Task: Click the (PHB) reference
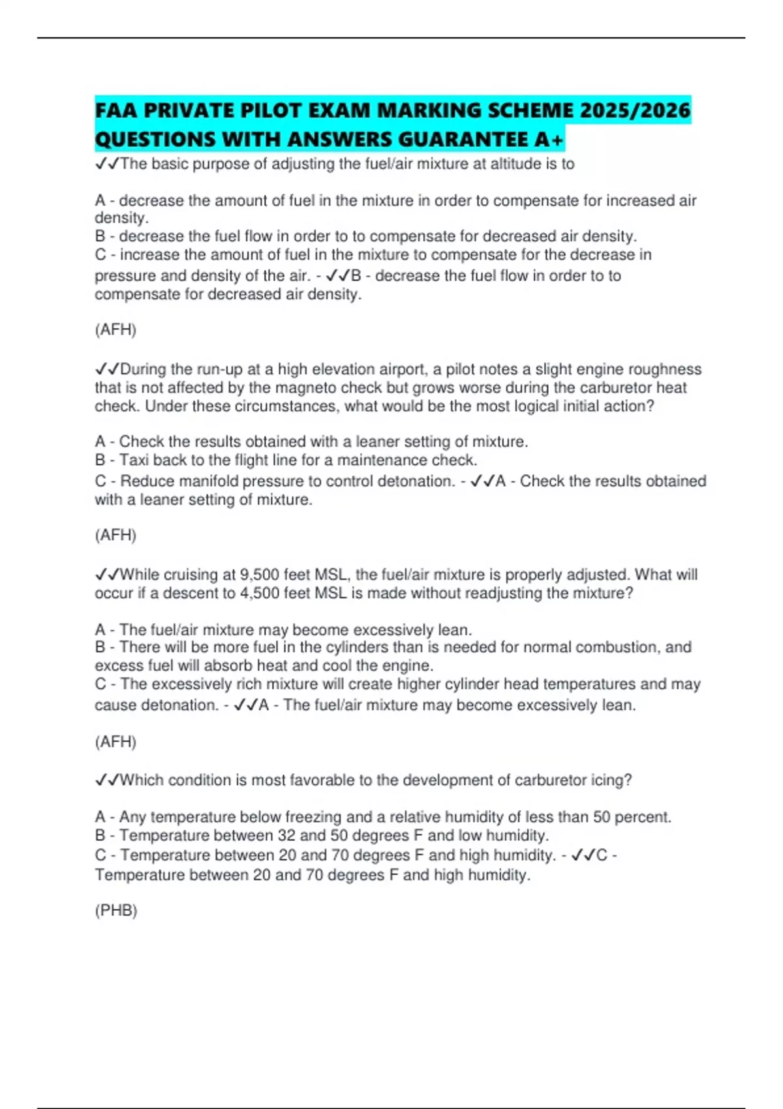pyautogui.click(x=116, y=911)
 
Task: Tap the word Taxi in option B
pyautogui.click(x=134, y=461)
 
